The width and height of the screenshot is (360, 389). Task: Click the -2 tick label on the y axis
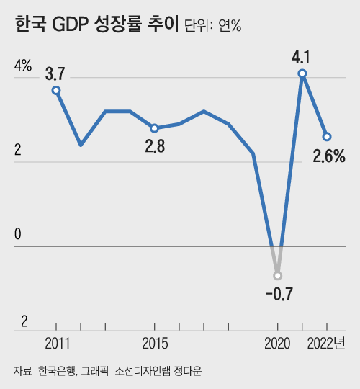click(22, 321)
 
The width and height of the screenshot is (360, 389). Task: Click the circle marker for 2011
click(56, 90)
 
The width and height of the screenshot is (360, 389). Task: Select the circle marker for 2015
click(155, 128)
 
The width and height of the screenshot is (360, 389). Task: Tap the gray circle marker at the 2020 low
click(278, 276)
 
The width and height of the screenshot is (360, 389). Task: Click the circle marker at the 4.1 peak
click(302, 73)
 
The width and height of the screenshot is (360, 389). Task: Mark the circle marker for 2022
click(327, 137)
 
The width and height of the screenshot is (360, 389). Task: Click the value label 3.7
click(55, 73)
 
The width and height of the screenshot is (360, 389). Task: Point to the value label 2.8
click(155, 146)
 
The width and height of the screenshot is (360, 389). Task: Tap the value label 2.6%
click(329, 156)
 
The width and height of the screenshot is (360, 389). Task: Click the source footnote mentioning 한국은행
click(107, 371)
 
